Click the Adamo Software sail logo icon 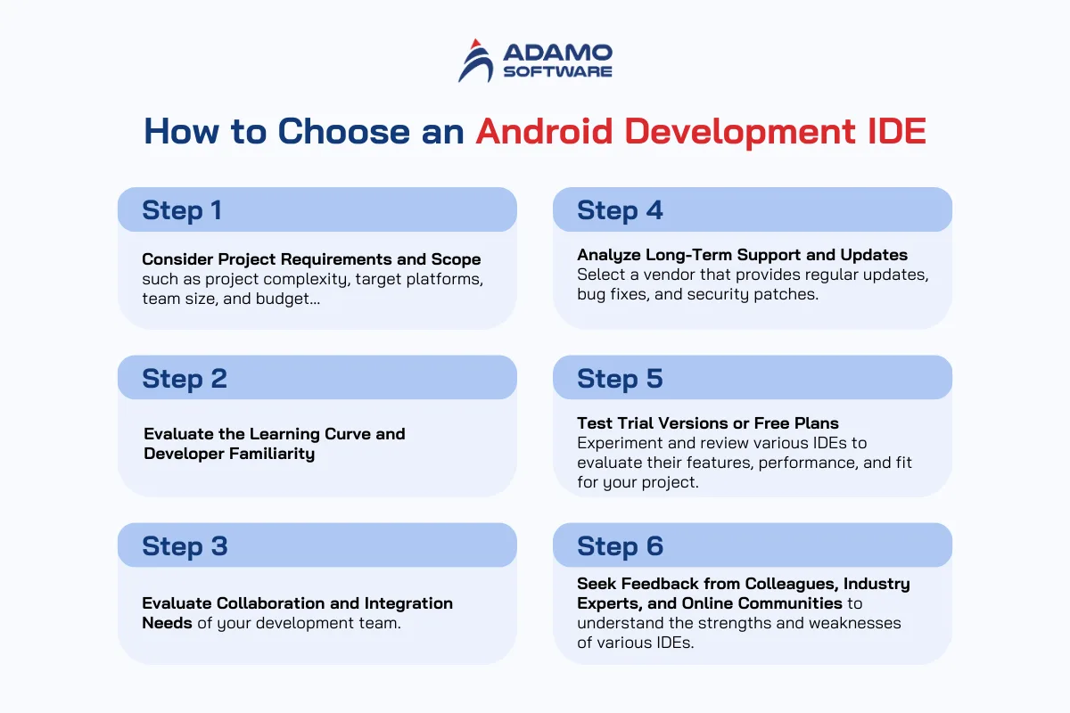coord(476,61)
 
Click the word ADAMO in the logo coord(557,53)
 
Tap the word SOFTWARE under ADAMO coord(557,71)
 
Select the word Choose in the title coord(343,131)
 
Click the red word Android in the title coord(544,131)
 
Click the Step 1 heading coord(182,210)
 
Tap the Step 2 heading coord(185,379)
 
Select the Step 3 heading coord(185,546)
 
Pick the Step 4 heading coord(620,210)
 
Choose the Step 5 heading coord(620,379)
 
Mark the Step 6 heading coord(620,546)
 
